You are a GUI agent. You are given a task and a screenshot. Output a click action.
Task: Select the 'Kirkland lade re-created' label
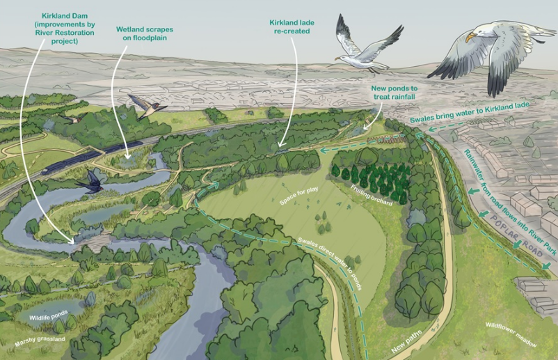click(292, 27)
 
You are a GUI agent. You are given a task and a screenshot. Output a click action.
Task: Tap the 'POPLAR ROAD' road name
click(510, 234)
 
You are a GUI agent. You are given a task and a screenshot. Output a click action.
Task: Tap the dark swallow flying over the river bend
click(93, 182)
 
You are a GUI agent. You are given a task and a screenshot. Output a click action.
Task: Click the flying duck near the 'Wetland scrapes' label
click(144, 107)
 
